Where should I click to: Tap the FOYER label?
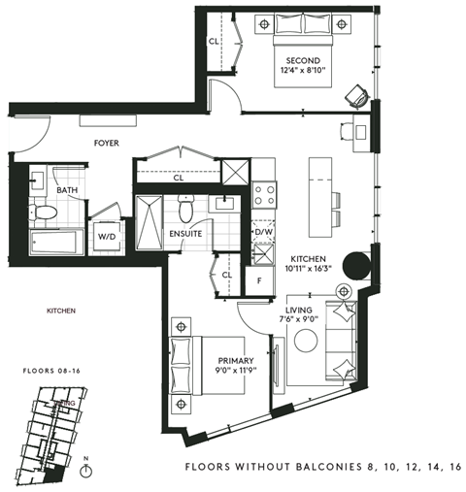(106, 143)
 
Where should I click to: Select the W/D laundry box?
(106, 234)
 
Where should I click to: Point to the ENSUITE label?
(185, 234)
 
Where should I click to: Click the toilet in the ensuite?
(189, 206)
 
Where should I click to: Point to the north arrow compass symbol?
(87, 471)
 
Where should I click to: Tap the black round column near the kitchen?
(355, 265)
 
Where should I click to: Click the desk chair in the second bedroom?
(356, 95)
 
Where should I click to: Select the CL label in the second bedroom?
(214, 42)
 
